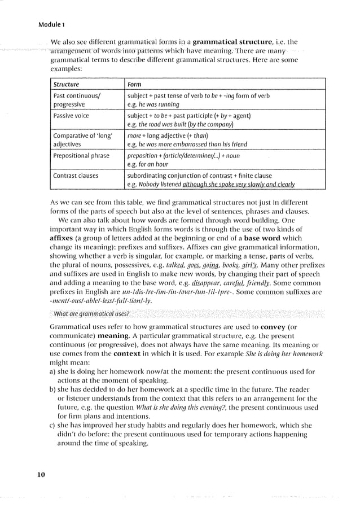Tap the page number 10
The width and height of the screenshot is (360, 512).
tap(41, 474)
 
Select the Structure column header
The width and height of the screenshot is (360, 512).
tap(66, 85)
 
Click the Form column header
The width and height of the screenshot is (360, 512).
tap(134, 85)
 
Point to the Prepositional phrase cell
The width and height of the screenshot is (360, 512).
tap(80, 155)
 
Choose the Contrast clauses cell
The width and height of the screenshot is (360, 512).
tap(76, 176)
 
